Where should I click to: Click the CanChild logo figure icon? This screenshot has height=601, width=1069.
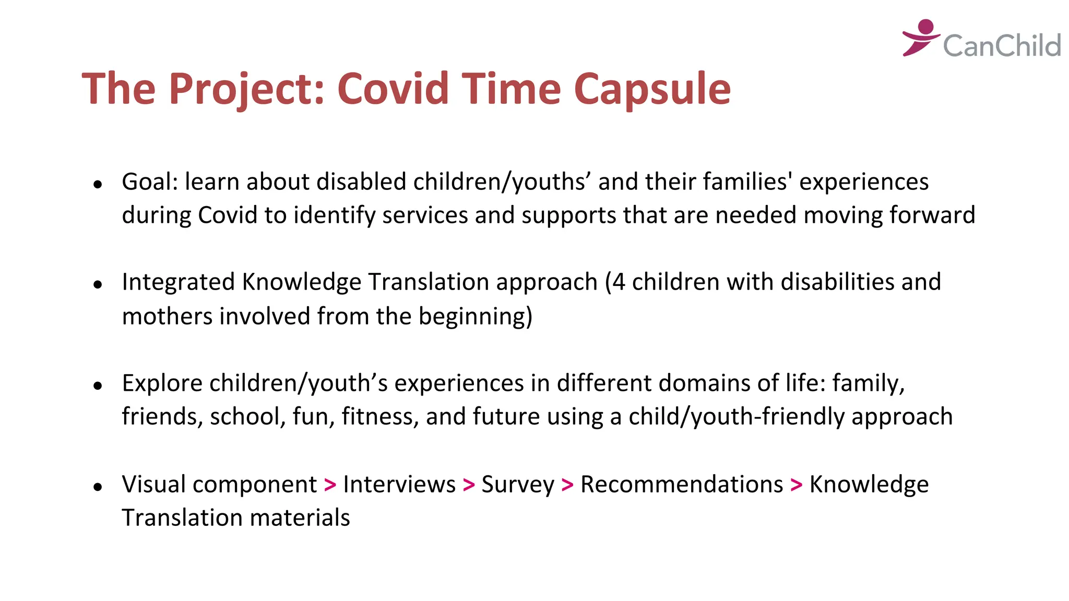tap(921, 37)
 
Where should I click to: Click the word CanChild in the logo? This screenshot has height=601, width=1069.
tap(1002, 45)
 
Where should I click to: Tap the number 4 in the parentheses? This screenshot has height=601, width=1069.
tap(619, 282)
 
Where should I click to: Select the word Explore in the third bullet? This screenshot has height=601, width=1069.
tap(162, 383)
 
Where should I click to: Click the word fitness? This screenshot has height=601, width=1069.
tap(380, 417)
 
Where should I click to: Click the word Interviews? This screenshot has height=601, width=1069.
tap(399, 485)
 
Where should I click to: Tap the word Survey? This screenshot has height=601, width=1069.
tap(517, 485)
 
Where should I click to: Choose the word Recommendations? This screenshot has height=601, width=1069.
tap(681, 485)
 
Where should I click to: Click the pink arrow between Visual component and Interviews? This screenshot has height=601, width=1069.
tap(330, 485)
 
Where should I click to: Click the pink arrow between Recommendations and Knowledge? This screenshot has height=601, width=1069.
tap(796, 485)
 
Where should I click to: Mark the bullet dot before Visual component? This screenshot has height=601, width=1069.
tap(98, 487)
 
